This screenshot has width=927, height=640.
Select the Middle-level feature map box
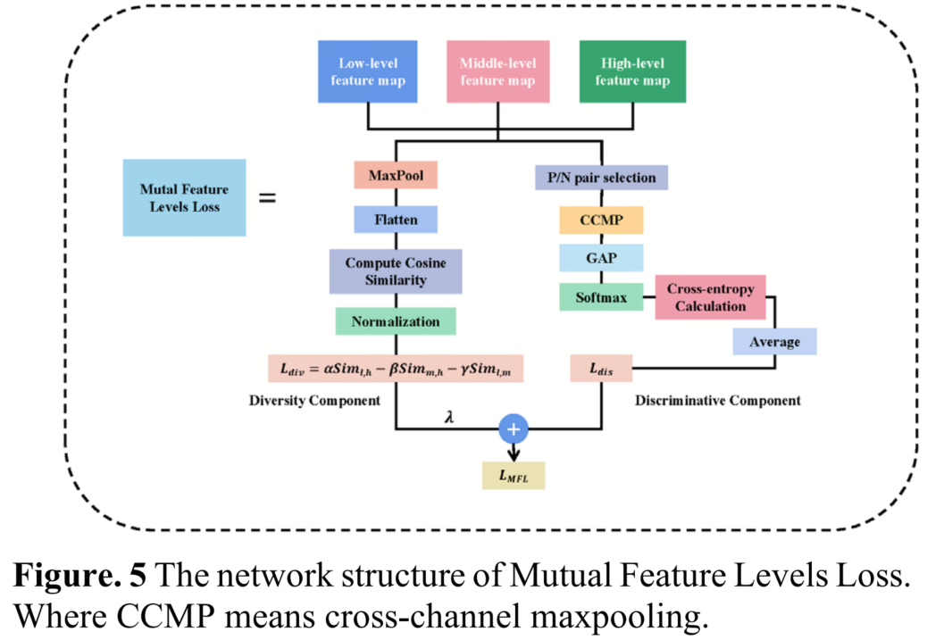click(497, 72)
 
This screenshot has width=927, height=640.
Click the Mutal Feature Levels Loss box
click(184, 197)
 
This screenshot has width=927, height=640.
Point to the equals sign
click(266, 197)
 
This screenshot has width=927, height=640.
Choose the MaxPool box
click(395, 176)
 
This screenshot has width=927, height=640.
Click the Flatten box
click(395, 220)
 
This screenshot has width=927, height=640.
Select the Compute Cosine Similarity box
click(395, 271)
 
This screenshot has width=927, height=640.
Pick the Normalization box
click(395, 321)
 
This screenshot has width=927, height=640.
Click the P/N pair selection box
click(601, 178)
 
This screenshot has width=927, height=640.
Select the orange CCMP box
click(601, 220)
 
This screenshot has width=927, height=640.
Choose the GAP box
click(601, 258)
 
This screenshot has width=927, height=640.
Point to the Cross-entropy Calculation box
click(710, 297)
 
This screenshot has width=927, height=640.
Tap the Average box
click(774, 341)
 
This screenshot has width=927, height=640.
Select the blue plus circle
click(514, 429)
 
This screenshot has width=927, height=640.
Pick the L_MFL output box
click(513, 475)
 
